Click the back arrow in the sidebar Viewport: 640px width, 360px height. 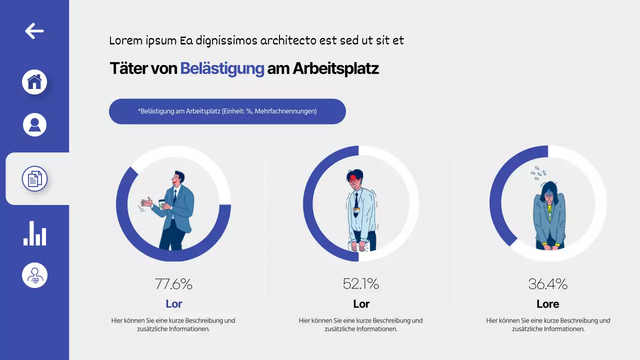pyautogui.click(x=34, y=31)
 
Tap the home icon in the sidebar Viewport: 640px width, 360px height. pyautogui.click(x=34, y=82)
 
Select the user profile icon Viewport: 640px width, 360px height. pyautogui.click(x=34, y=124)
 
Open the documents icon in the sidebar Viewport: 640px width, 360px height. pyautogui.click(x=34, y=178)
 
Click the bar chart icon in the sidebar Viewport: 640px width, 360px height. pyautogui.click(x=34, y=233)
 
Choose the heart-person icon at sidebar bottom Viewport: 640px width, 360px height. pyautogui.click(x=34, y=275)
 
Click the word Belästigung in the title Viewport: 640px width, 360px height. pyautogui.click(x=222, y=68)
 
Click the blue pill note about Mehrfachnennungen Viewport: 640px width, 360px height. pyautogui.click(x=227, y=111)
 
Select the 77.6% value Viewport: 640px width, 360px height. pyautogui.click(x=173, y=284)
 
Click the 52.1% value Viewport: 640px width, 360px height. pyautogui.click(x=360, y=284)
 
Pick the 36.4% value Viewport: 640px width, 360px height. pyautogui.click(x=547, y=284)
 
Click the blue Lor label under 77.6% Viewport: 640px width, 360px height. pyautogui.click(x=173, y=303)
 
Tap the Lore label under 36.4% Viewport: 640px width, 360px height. pyautogui.click(x=547, y=303)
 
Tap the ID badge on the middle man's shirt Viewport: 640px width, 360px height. pyautogui.click(x=356, y=210)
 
